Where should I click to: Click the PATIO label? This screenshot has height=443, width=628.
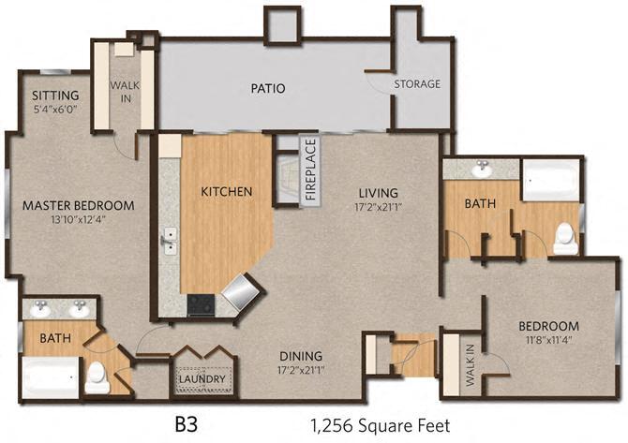click(267, 89)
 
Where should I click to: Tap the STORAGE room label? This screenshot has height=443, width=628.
click(417, 84)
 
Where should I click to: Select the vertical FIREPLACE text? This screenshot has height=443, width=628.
click(310, 170)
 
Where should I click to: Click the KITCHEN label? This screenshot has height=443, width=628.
click(227, 192)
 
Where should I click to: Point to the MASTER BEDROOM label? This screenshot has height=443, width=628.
click(79, 205)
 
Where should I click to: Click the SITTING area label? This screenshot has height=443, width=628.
click(55, 96)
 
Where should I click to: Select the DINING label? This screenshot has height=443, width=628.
click(300, 356)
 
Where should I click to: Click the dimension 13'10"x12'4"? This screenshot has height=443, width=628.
click(79, 219)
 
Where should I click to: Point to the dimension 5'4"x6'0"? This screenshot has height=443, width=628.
click(55, 109)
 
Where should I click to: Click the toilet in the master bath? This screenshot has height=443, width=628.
click(97, 377)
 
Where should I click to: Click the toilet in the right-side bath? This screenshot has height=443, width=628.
click(566, 239)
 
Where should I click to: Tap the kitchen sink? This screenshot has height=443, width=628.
click(171, 241)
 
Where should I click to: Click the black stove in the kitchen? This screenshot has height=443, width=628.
click(200, 303)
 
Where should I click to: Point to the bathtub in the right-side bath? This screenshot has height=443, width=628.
click(550, 180)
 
